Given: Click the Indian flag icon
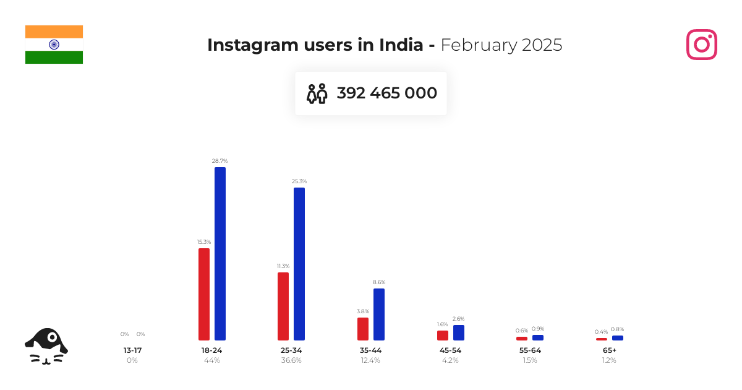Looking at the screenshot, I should (54, 45).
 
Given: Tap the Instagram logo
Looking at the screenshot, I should (702, 45).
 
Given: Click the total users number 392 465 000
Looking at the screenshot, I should (386, 93).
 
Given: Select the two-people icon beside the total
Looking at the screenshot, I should (317, 93).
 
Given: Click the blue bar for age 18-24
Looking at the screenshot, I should (220, 254).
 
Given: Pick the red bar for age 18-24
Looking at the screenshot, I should (204, 294).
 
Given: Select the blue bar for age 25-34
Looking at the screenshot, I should (299, 264).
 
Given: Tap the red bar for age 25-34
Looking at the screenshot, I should (283, 306).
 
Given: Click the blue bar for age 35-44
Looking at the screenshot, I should (379, 314).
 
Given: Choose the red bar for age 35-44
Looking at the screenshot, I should (363, 329).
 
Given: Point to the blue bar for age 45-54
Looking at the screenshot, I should (459, 332).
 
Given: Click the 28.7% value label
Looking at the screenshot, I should (220, 161).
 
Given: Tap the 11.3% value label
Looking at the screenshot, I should (283, 266).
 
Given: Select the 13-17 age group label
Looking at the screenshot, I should (132, 350).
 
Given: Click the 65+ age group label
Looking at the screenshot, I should (609, 350).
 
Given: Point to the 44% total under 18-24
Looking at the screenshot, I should (212, 360).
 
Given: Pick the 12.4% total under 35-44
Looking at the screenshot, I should (370, 360).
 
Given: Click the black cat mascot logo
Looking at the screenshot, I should (46, 345).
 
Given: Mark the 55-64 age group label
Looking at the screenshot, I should (530, 350).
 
